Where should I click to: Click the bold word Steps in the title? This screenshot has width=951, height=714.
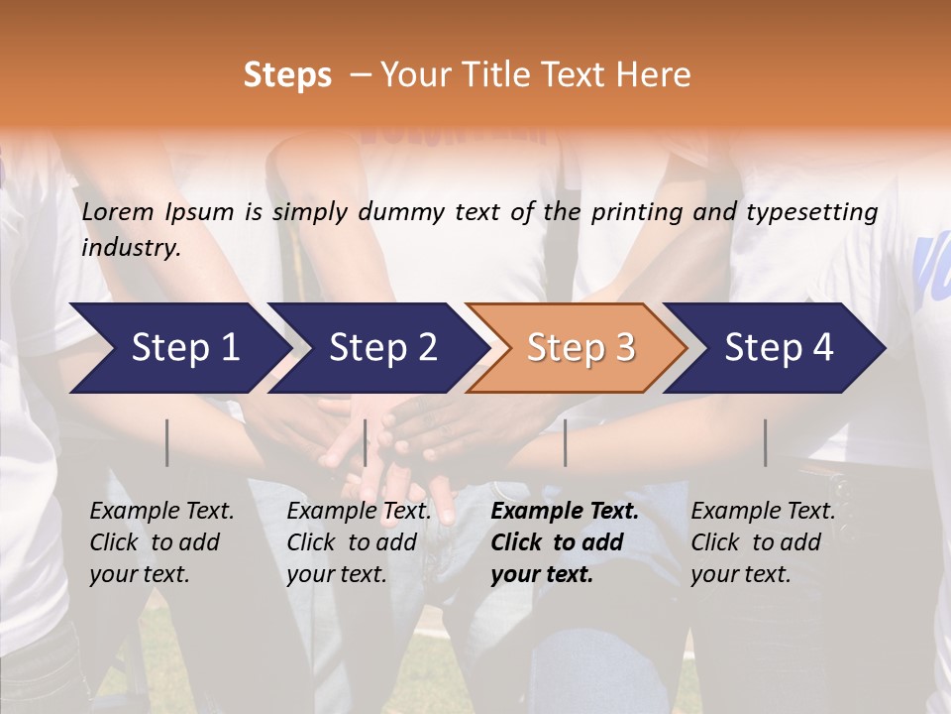point(287,75)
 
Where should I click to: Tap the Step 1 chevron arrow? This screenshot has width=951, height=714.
point(178,348)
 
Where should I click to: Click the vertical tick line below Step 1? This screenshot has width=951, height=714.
point(167,442)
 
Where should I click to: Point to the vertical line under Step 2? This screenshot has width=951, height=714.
point(366,442)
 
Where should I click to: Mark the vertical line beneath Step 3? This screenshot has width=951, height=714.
point(565,442)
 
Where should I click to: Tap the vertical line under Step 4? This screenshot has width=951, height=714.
point(765,442)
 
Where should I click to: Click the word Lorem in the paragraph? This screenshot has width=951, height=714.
point(118,212)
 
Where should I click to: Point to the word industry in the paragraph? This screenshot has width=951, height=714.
point(130,248)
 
